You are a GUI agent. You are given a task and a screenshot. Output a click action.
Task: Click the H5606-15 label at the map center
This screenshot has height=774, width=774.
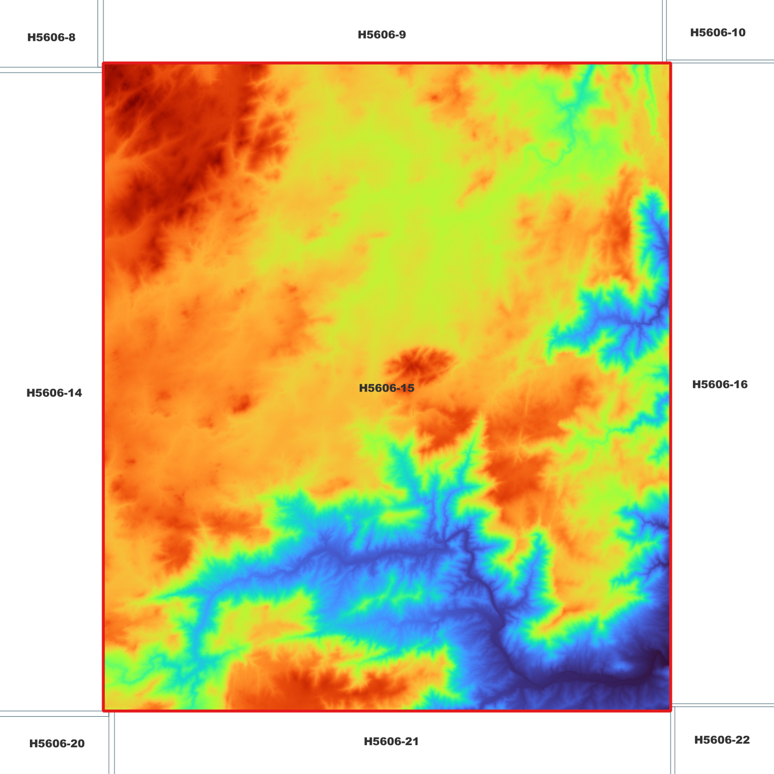[386, 388]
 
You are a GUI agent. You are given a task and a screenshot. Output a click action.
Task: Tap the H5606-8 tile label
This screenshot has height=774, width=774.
[51, 37]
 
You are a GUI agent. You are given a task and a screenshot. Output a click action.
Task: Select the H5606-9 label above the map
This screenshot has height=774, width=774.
[382, 35]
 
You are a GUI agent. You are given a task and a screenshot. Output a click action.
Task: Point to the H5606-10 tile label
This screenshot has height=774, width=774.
[717, 33]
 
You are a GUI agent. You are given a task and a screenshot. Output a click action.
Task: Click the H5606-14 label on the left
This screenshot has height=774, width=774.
[54, 393]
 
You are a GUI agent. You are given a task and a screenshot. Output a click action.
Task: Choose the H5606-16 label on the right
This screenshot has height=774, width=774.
[719, 385]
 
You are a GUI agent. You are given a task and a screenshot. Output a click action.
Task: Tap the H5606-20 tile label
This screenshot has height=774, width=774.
[57, 743]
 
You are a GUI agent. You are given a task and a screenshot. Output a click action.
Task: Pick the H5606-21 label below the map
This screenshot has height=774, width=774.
[391, 741]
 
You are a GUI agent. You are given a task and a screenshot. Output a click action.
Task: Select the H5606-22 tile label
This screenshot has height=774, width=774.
[722, 740]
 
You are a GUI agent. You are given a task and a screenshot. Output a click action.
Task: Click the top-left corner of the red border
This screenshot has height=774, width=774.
[104, 64]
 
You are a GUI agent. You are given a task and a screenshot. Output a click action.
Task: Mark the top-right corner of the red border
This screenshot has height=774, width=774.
[670, 64]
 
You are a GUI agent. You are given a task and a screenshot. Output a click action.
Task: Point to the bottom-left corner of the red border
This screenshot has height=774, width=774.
[104, 710]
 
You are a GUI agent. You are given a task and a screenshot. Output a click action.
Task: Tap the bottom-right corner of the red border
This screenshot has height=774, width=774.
[670, 710]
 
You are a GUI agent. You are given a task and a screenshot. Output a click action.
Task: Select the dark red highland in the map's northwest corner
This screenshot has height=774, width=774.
[155, 134]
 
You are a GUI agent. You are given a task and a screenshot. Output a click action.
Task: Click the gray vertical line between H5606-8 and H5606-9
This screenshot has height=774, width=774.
[100, 32]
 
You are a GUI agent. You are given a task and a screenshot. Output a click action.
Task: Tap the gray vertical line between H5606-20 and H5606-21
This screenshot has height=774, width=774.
[111, 745]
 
